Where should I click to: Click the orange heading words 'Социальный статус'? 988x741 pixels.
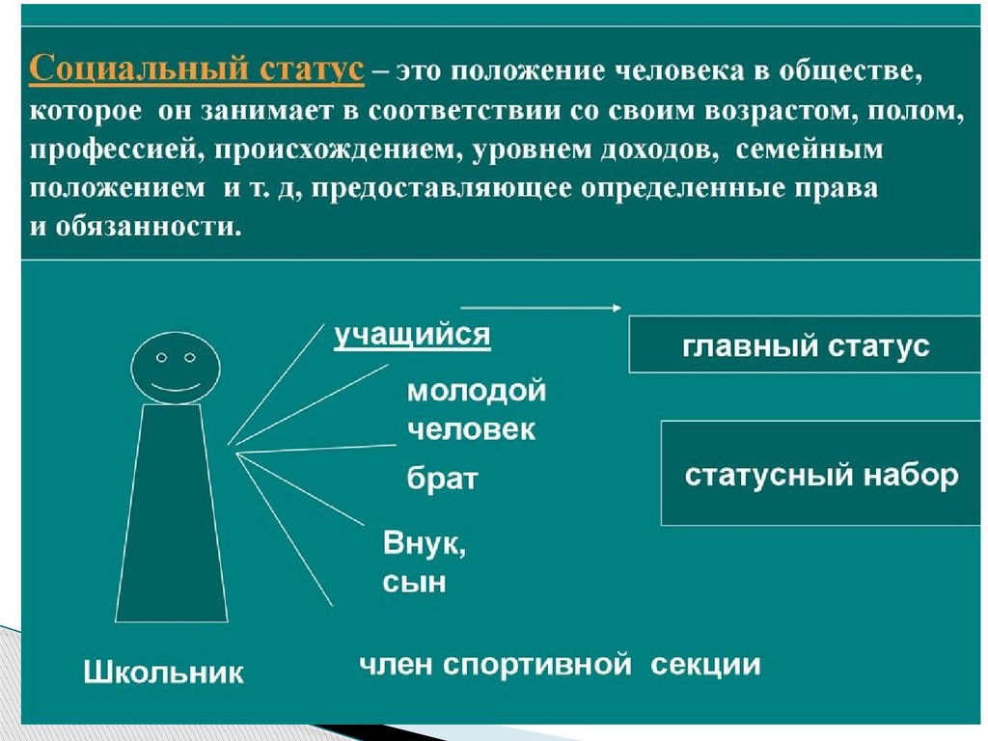pos(197,72)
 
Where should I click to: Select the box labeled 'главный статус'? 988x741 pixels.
pos(806,345)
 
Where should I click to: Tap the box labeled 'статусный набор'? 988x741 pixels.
pos(821,475)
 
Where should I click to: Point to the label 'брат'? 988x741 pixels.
pos(442,480)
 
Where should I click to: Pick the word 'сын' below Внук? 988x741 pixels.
pos(414,582)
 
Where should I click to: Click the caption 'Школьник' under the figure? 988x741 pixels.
pos(164,672)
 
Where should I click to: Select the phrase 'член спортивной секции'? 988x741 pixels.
pos(560,665)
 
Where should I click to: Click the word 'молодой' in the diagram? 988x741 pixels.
pos(477,392)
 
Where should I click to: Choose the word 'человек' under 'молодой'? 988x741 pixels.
pos(471,429)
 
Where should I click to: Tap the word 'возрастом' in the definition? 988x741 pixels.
pos(768,112)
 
